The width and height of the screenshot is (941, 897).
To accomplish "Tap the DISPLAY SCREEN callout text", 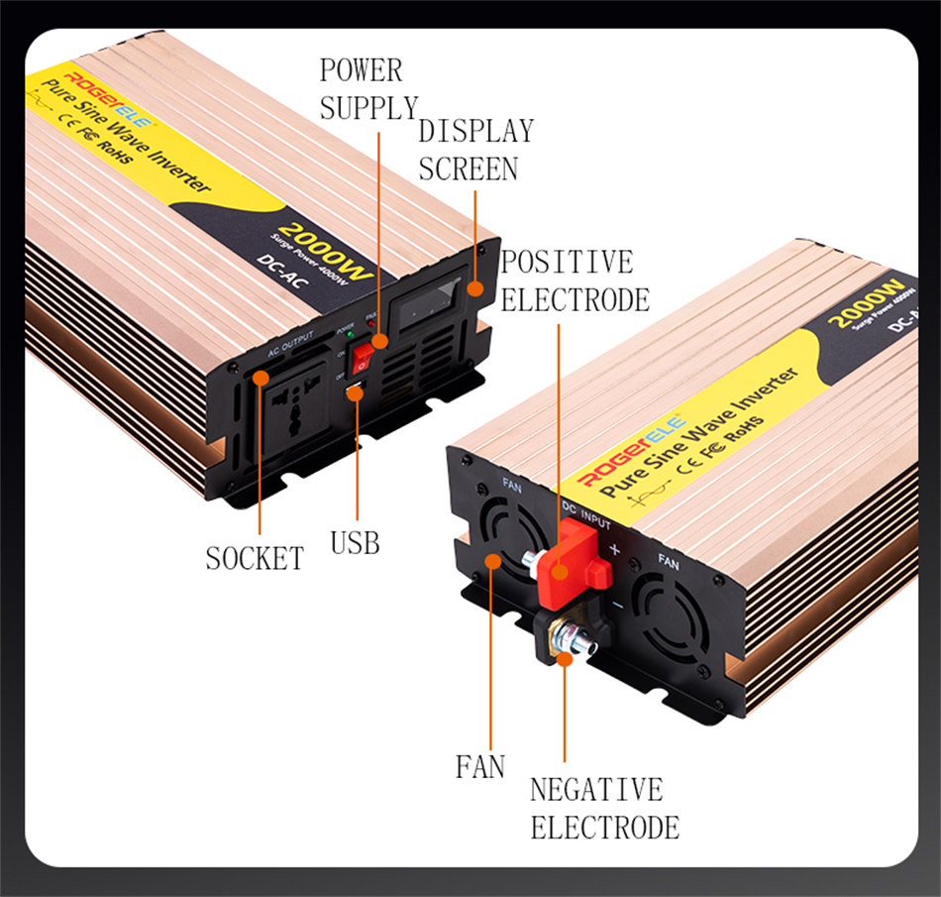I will tap(474, 150).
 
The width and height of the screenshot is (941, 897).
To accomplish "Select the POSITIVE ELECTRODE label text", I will tap(574, 280).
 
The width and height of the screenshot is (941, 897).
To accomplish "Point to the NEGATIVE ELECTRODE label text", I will tap(603, 808).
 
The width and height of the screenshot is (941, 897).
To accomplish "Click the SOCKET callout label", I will tap(255, 558).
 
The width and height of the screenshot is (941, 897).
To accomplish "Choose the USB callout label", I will tap(355, 542).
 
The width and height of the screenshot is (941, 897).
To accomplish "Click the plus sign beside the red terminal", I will tap(615, 548).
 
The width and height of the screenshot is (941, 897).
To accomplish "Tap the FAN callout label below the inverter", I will tap(479, 766).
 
